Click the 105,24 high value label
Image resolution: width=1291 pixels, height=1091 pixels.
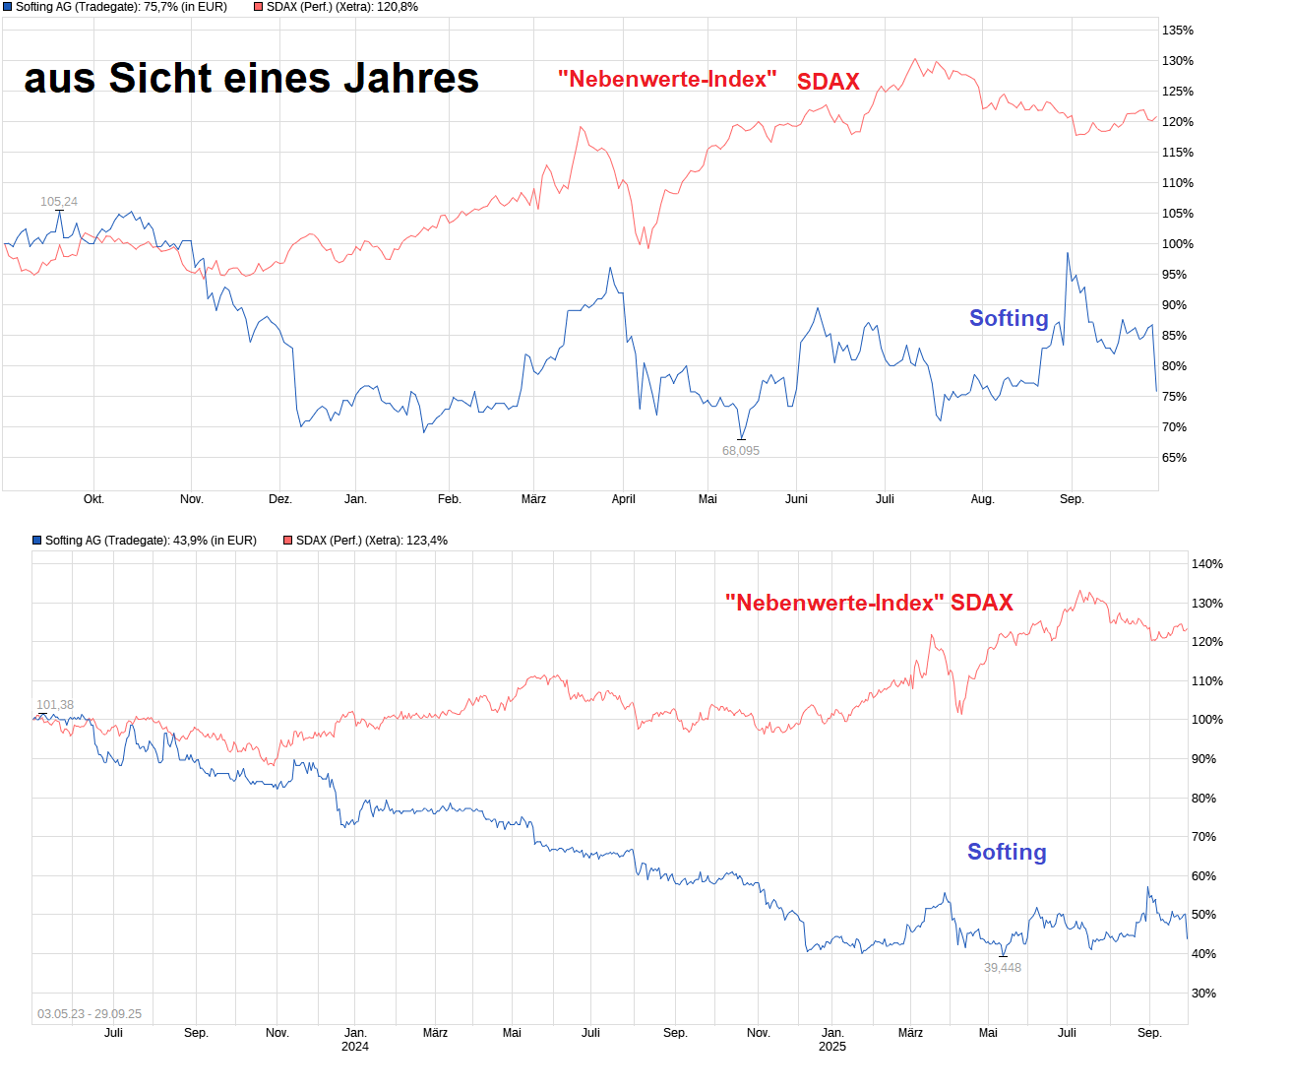[x=59, y=202]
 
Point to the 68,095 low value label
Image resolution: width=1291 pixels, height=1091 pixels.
[x=741, y=451]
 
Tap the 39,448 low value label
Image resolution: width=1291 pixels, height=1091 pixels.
[x=1003, y=968]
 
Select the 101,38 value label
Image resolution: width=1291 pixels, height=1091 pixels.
[x=55, y=705]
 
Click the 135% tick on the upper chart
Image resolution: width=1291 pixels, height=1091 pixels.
[x=1178, y=31]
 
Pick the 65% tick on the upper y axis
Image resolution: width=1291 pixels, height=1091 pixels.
[x=1174, y=458]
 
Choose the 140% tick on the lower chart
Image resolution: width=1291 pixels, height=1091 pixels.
[x=1207, y=564]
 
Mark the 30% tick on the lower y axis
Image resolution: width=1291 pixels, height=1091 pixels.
[x=1203, y=994]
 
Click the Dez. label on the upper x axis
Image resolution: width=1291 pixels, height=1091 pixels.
[x=280, y=499]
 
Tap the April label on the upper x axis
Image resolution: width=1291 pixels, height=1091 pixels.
[x=624, y=499]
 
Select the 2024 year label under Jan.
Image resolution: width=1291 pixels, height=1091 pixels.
[x=355, y=1047]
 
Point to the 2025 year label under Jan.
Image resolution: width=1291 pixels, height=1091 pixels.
[x=832, y=1047]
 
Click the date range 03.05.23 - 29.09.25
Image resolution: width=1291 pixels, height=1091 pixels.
[x=90, y=1014]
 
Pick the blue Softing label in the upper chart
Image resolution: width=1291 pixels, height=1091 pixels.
[x=1009, y=318]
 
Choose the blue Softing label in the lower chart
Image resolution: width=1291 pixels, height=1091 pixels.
[x=1007, y=852]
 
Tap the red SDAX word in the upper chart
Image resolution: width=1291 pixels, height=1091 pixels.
[x=829, y=82]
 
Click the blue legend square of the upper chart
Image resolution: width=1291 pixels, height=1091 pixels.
[x=8, y=7]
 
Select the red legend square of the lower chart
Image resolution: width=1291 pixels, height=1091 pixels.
[x=288, y=541]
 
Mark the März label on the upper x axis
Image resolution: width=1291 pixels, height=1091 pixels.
[x=533, y=499]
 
